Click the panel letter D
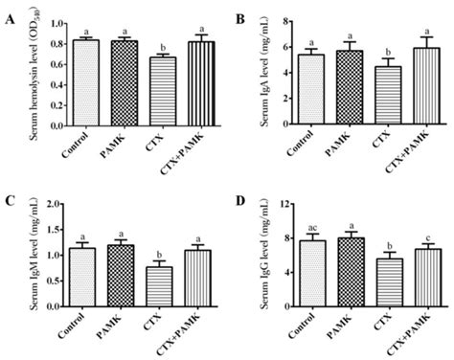click(x=238, y=200)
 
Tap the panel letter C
click(x=9, y=200)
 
